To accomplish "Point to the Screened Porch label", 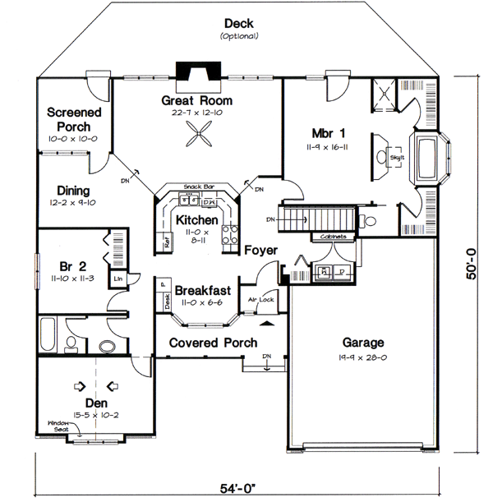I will pyautogui.click(x=74, y=119).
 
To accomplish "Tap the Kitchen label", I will pyautogui.click(x=196, y=220).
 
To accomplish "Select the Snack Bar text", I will pyautogui.click(x=198, y=187).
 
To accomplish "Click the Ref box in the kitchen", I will pyautogui.click(x=166, y=242).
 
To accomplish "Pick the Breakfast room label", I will pyautogui.click(x=202, y=291).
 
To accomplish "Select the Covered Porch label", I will pyautogui.click(x=214, y=343).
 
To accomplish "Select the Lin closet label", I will pyautogui.click(x=118, y=279).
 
